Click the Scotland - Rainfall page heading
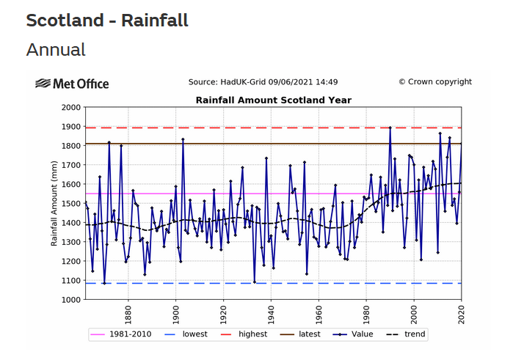[107, 21]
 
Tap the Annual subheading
[56, 50]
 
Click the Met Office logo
[72, 84]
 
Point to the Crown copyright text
[434, 82]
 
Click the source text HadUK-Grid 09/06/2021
[263, 82]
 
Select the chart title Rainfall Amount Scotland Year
[273, 100]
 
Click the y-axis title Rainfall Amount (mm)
[54, 203]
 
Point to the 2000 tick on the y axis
[70, 108]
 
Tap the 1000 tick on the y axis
[70, 300]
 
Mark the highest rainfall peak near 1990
[390, 128]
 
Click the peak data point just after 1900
[183, 139]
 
